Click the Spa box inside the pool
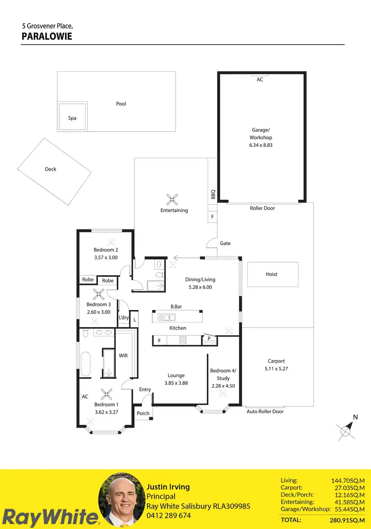73,117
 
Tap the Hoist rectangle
273,274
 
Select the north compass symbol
346,431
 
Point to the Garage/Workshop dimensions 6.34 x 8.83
261,145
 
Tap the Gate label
225,243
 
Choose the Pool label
121,104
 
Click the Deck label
50,169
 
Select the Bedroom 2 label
106,250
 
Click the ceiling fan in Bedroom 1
106,394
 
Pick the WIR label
124,355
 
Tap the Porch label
143,413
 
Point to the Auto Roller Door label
265,411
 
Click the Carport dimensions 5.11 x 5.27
276,368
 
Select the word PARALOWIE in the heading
47,36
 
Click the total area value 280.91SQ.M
347,520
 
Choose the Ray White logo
49,517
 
